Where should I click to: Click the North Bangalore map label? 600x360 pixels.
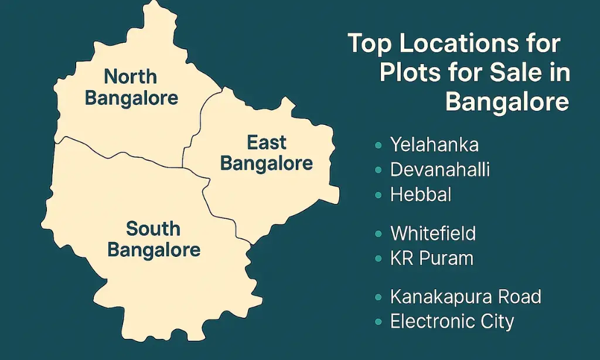tap(131, 86)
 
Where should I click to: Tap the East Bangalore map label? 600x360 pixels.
tap(267, 152)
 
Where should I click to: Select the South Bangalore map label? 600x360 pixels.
tap(154, 239)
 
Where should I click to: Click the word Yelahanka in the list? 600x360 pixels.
tap(434, 144)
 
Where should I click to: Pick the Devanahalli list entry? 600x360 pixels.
tap(439, 169)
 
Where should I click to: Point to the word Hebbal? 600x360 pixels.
tap(421, 195)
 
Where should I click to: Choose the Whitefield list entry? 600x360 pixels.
tap(433, 233)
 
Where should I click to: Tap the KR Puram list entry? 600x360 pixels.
tap(432, 258)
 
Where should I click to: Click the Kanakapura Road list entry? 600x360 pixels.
tap(465, 297)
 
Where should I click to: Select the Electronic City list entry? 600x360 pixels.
tap(452, 321)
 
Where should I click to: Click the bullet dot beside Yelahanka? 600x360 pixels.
tap(379, 144)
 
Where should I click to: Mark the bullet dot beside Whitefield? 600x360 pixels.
tap(379, 234)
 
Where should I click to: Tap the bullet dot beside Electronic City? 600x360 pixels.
tap(379, 322)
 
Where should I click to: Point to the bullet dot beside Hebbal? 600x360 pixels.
tap(379, 195)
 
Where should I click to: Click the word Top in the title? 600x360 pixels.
tap(370, 44)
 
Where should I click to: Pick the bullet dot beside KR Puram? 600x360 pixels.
tap(379, 259)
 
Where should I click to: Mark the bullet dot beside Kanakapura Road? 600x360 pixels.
tap(379, 297)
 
